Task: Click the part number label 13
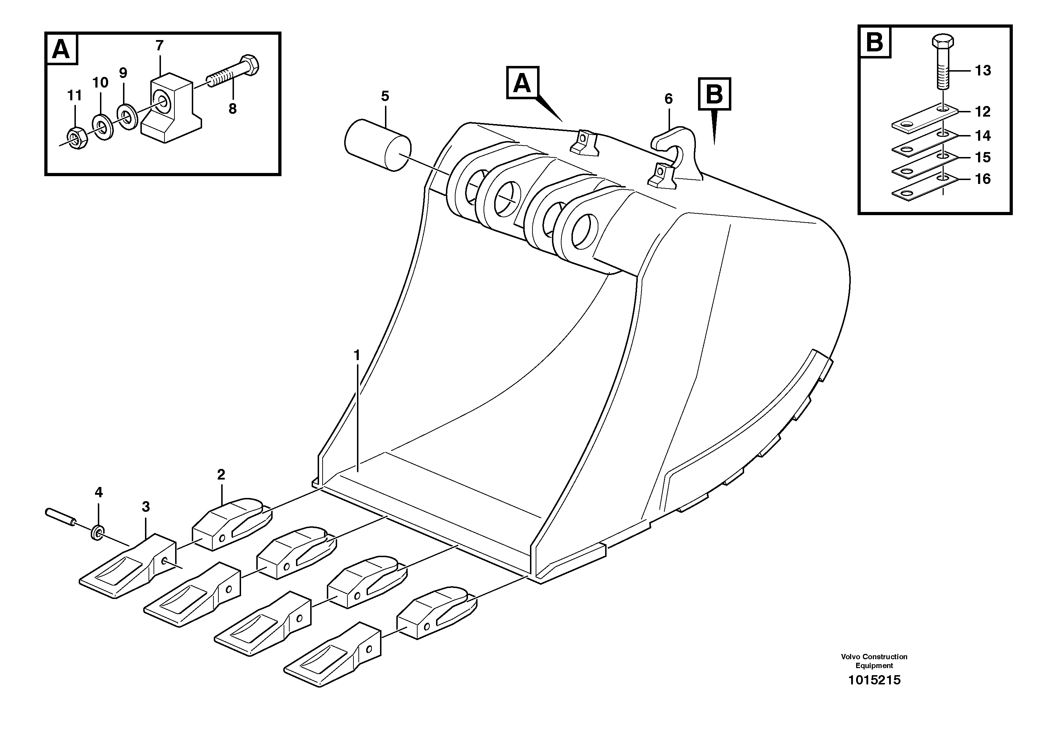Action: (x=983, y=71)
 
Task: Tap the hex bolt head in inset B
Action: (x=942, y=42)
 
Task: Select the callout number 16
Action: (x=983, y=179)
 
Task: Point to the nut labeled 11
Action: (x=74, y=138)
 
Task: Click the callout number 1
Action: (x=357, y=355)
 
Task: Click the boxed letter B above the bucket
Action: (x=714, y=94)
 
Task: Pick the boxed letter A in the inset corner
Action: (x=61, y=49)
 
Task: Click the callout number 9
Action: (x=123, y=73)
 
